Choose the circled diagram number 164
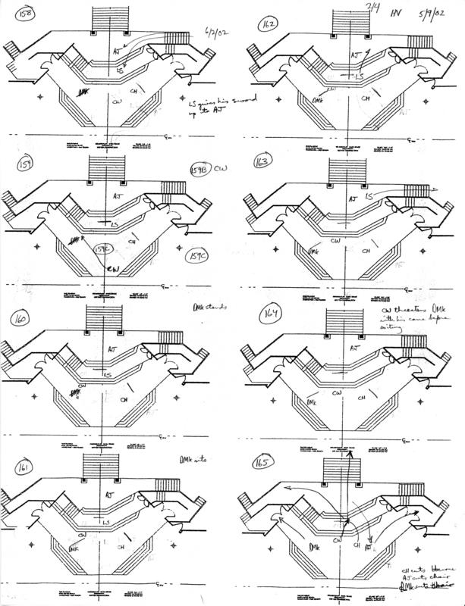tap(269, 314)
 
